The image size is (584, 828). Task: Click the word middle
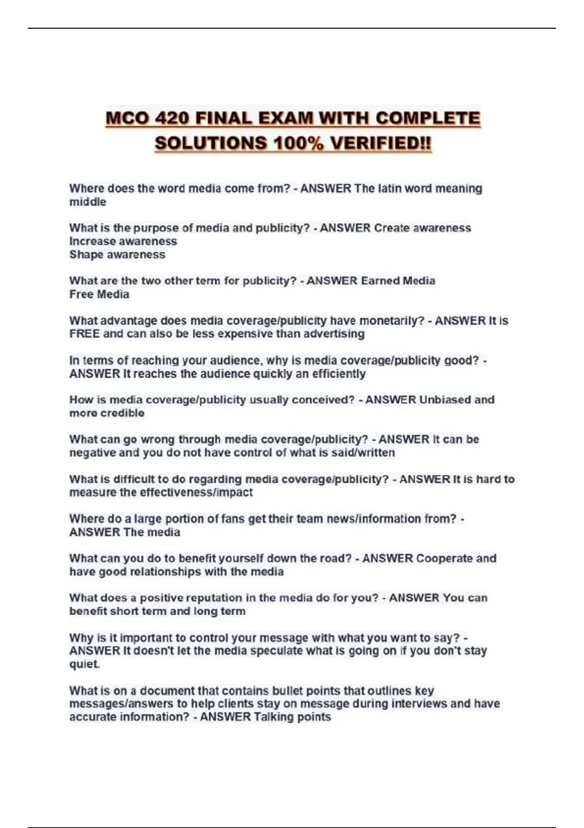pyautogui.click(x=88, y=202)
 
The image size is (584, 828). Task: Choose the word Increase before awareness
pyautogui.click(x=92, y=241)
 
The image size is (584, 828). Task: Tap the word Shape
pyautogui.click(x=86, y=254)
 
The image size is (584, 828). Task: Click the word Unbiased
pyautogui.click(x=445, y=400)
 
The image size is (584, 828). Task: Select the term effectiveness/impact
pyautogui.click(x=196, y=492)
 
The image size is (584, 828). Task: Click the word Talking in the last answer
pyautogui.click(x=273, y=717)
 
